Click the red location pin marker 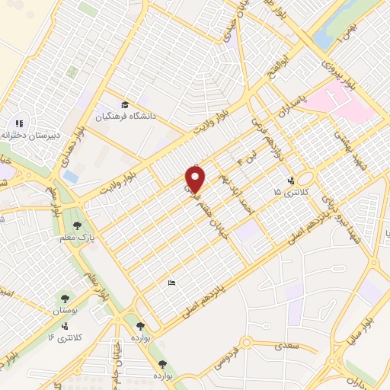click(x=197, y=179)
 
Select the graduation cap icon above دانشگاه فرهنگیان click(x=125, y=104)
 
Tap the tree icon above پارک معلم click(x=77, y=225)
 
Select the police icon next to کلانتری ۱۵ click(x=290, y=181)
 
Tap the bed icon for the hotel click(x=172, y=283)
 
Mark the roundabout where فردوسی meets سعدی click(x=247, y=343)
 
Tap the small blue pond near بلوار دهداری click(x=70, y=175)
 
